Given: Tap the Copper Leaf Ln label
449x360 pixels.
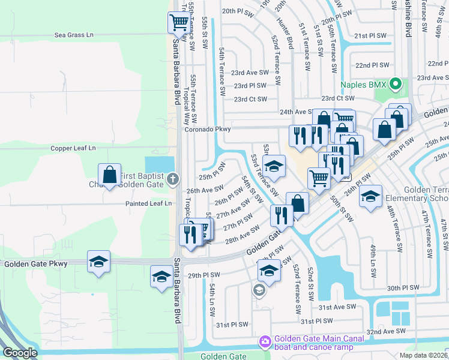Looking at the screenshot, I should click(73, 148).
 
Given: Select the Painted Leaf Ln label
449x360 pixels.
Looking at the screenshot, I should click(148, 203).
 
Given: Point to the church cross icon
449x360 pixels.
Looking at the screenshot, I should click(173, 178).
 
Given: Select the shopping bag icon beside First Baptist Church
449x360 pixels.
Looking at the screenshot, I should click(110, 176).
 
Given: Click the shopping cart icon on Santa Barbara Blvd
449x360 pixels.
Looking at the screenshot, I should click(179, 23).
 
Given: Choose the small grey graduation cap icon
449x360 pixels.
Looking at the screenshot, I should click(259, 291).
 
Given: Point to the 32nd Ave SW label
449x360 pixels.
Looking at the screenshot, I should click(387, 331).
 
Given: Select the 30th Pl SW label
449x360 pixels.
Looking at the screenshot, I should click(402, 289).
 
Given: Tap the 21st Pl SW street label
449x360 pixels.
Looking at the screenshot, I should click(370, 36).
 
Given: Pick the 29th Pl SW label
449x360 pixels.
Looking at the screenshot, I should click(204, 275).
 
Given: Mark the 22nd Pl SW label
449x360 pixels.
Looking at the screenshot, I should click(372, 65).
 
